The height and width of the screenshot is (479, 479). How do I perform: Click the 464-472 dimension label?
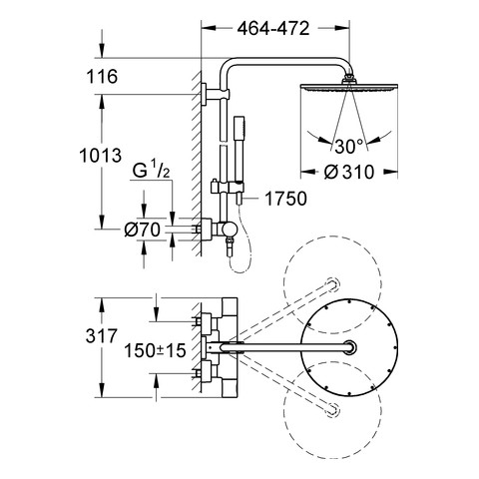[x=273, y=29]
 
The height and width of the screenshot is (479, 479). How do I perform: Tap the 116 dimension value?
[x=102, y=77]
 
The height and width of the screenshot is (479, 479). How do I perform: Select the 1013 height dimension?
[x=101, y=156]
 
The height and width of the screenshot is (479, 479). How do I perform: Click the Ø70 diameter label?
[x=142, y=230]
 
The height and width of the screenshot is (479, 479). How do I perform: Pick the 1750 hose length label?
[x=285, y=199]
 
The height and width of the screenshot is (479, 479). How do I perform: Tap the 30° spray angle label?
[x=349, y=146]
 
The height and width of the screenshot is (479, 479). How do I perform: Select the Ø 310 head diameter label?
[x=349, y=172]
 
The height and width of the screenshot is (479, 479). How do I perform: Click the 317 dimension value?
[x=102, y=335]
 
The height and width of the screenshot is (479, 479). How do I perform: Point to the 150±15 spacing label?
[x=155, y=350]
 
